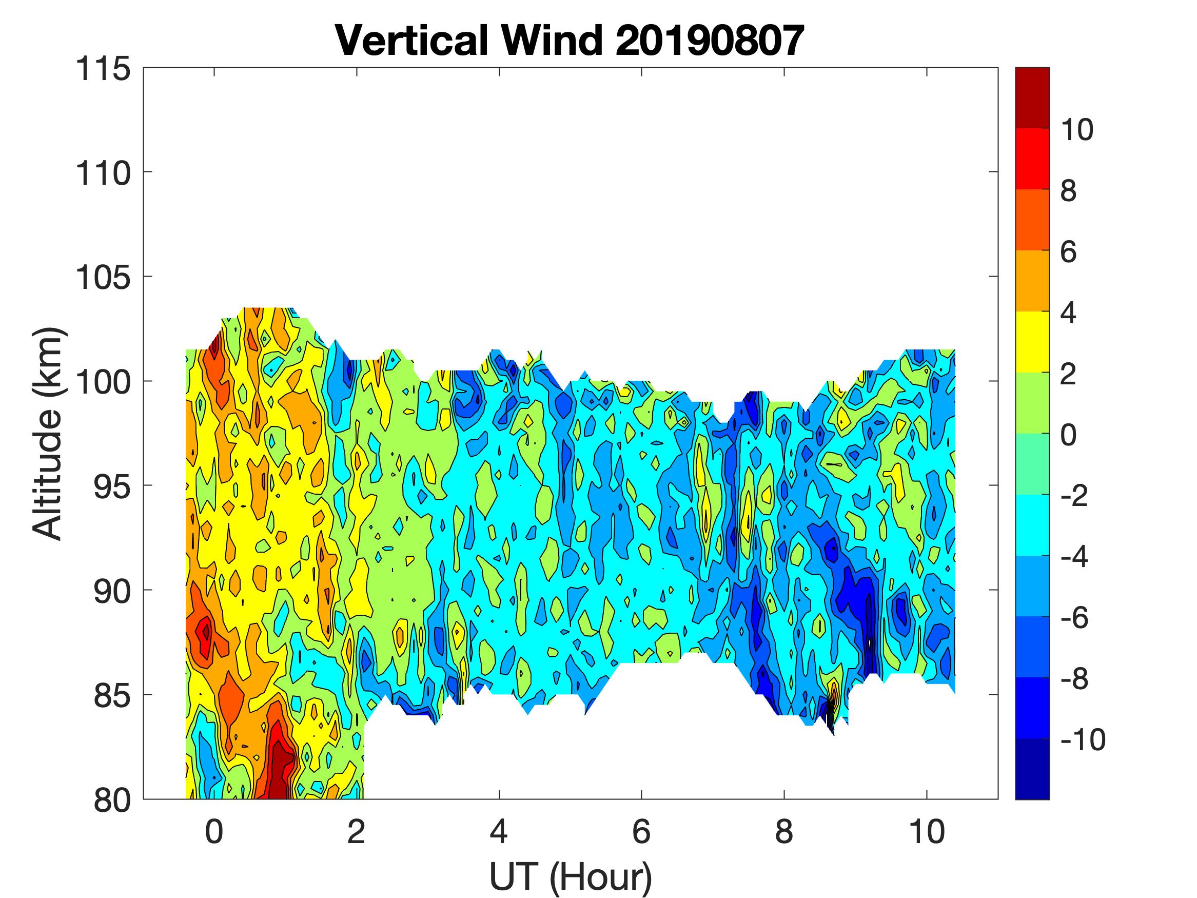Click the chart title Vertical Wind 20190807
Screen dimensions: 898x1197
click(x=570, y=41)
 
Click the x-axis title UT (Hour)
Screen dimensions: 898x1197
click(x=571, y=876)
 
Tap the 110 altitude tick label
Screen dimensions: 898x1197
click(x=103, y=174)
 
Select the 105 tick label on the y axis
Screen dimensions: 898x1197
click(x=103, y=278)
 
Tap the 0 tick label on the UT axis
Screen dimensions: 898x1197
click(x=214, y=832)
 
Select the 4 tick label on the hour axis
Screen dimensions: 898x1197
click(x=499, y=832)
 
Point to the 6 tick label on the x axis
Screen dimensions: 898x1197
click(x=641, y=832)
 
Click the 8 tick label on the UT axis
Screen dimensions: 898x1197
click(x=784, y=832)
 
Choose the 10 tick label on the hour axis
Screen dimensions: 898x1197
click(x=927, y=832)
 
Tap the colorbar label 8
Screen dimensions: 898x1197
click(x=1068, y=190)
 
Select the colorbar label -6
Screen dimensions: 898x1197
click(x=1075, y=618)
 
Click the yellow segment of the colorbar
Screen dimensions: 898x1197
click(x=1032, y=342)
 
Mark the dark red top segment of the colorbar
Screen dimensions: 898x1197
click(x=1032, y=97)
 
